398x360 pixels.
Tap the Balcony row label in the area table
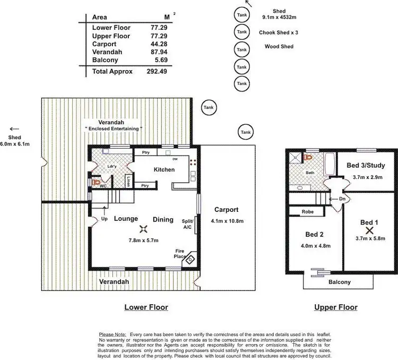pyautogui.click(x=105, y=60)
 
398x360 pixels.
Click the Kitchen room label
pyautogui.click(x=164, y=169)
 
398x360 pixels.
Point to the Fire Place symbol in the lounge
pyautogui.click(x=191, y=259)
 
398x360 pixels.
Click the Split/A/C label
pyautogui.click(x=187, y=224)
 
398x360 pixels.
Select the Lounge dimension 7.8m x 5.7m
pyautogui.click(x=143, y=240)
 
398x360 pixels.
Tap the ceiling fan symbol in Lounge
pyautogui.click(x=143, y=229)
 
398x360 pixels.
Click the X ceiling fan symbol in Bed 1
pyautogui.click(x=370, y=230)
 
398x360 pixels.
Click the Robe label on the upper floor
pyautogui.click(x=307, y=211)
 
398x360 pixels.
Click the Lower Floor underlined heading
pyautogui.click(x=146, y=307)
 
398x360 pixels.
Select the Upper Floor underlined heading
pyautogui.click(x=335, y=307)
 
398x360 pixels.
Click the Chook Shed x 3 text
pyautogui.click(x=279, y=32)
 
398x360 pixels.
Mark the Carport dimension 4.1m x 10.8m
pyautogui.click(x=227, y=221)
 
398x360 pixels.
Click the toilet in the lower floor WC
pyautogui.click(x=96, y=181)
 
